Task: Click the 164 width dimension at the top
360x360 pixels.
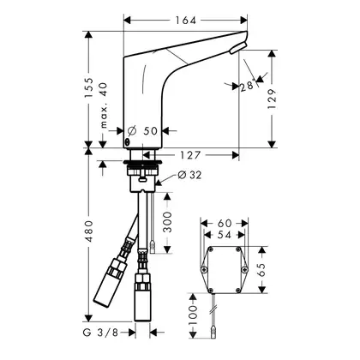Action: pos(185,21)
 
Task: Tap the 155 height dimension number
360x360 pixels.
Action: pos(89,87)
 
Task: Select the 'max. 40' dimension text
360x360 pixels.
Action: pos(104,105)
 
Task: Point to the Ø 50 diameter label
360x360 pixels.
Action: pos(142,131)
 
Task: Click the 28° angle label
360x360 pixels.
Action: pos(248,86)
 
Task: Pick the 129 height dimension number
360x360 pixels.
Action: pos(272,99)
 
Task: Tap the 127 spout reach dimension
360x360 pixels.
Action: pos(190,155)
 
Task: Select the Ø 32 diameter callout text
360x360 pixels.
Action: pos(189,175)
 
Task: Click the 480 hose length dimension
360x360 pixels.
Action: pos(89,231)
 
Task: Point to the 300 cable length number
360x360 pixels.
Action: pos(167,222)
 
